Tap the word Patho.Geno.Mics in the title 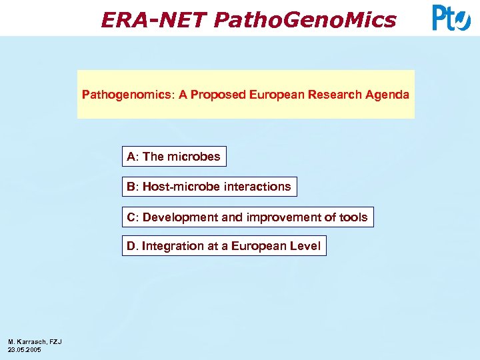pyautogui.click(x=305, y=20)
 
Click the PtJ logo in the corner pyautogui.click(x=451, y=18)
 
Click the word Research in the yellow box pyautogui.click(x=335, y=95)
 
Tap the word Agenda pyautogui.click(x=387, y=95)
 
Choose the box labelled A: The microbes pyautogui.click(x=173, y=157)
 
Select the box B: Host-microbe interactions pyautogui.click(x=209, y=187)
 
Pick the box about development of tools pyautogui.click(x=247, y=217)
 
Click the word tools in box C pyautogui.click(x=353, y=217)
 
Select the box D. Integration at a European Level pyautogui.click(x=223, y=246)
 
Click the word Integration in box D pyautogui.click(x=173, y=246)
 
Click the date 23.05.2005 pyautogui.click(x=25, y=350)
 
